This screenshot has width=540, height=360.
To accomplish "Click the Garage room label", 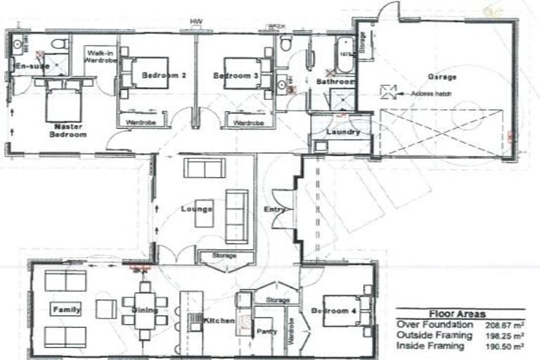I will coord(442,77).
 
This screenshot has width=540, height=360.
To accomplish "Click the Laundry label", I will coord(343,131).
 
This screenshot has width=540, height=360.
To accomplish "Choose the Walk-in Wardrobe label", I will coord(100,57).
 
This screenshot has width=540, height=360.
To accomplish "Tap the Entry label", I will coord(274,210).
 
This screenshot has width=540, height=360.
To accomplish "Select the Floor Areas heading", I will coord(457,314).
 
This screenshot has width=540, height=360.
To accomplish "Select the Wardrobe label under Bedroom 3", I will coord(247,122).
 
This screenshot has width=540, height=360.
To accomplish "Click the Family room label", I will coord(67,309).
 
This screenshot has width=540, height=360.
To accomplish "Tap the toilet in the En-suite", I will coord(60,44).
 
